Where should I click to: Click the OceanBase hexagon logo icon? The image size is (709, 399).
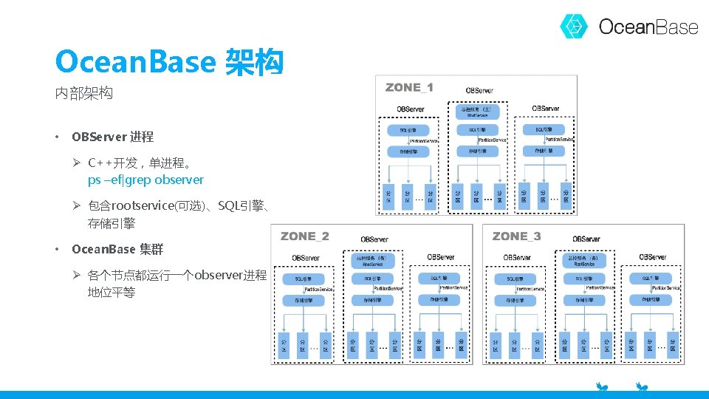point(574,27)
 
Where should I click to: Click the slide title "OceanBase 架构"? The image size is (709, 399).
point(168,62)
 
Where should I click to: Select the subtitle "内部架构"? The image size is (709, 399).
point(83,94)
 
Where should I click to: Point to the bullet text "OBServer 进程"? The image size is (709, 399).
point(112,137)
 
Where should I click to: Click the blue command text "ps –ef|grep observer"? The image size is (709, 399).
point(145,180)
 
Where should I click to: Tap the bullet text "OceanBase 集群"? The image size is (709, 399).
point(117,249)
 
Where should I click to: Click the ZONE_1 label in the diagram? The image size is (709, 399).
point(409,87)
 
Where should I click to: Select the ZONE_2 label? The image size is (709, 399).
point(305,236)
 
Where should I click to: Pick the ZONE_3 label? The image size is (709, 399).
point(516,236)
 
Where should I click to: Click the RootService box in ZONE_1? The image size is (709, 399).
point(478,112)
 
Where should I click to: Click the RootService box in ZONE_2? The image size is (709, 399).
point(374,260)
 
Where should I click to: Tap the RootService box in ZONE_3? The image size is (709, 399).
point(585,260)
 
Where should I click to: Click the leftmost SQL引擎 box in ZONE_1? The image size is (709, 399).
point(409,131)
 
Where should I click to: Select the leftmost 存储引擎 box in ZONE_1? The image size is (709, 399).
point(409,151)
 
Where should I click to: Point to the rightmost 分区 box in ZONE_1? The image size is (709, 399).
point(566,196)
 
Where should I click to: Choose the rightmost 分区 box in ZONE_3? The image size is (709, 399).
point(672,346)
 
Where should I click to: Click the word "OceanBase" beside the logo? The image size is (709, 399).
point(648,27)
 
